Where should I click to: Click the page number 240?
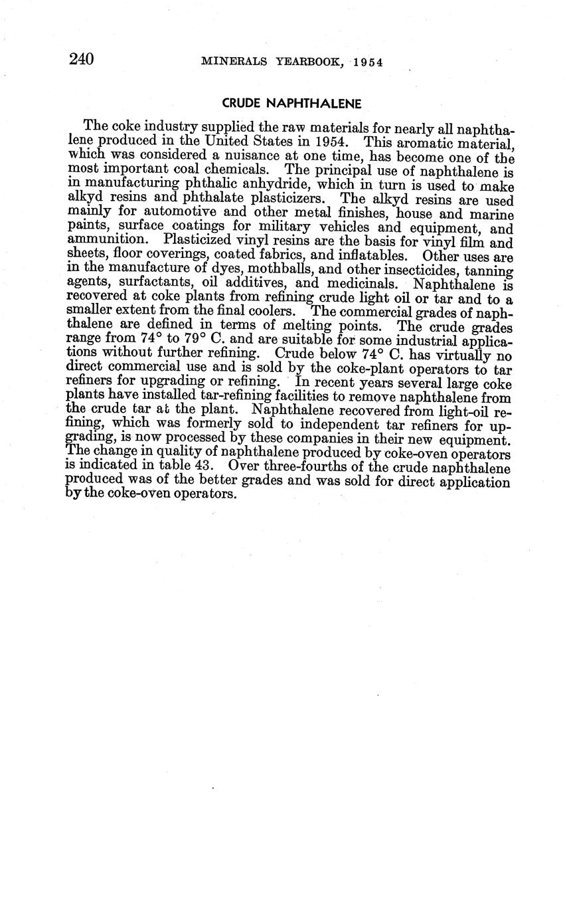pyautogui.click(x=81, y=60)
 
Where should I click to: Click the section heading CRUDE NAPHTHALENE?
pyautogui.click(x=291, y=104)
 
